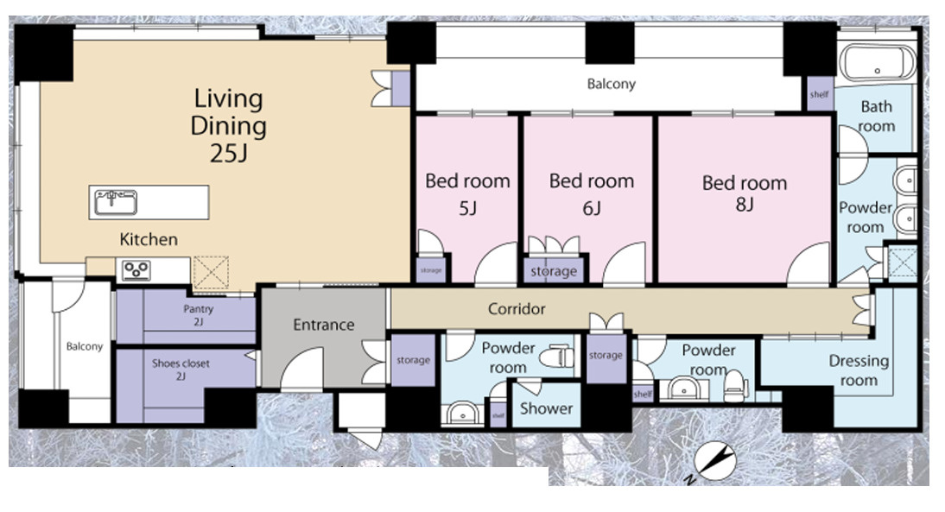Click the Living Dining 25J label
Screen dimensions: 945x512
tap(228, 125)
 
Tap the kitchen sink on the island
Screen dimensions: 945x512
tap(115, 202)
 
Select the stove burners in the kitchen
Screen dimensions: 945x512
tap(136, 270)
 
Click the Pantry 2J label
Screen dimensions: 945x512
tap(199, 315)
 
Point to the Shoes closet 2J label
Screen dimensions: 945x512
tap(181, 370)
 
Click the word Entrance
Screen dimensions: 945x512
tap(324, 326)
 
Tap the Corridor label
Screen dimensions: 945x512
tap(517, 309)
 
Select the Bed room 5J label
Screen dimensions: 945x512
tap(467, 194)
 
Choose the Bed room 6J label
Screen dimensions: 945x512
tap(591, 194)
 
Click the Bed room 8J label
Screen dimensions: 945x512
tap(745, 193)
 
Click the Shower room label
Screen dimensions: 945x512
tap(546, 408)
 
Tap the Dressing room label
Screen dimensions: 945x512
tap(859, 370)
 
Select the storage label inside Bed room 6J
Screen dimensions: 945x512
tap(554, 272)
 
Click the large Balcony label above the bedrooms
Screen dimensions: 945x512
tap(611, 84)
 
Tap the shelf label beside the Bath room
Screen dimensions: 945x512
tap(819, 95)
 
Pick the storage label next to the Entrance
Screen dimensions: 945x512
tap(413, 360)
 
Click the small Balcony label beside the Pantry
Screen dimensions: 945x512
tap(85, 346)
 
